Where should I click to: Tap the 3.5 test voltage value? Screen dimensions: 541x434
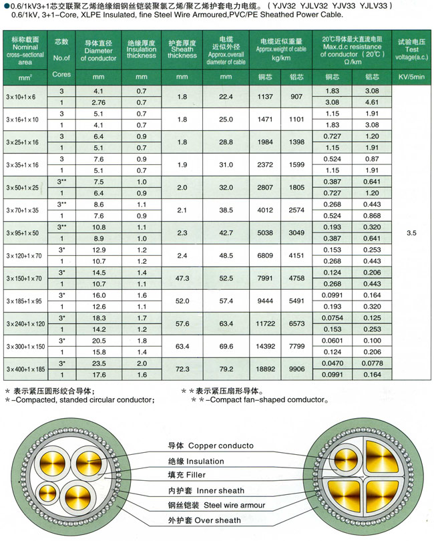411,233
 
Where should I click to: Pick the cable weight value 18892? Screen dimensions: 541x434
265,369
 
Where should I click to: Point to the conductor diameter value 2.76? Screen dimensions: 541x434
99,103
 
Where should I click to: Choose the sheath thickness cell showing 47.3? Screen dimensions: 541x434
182,278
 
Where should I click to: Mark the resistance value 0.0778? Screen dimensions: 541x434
373,363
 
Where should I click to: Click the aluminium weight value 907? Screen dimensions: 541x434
297,97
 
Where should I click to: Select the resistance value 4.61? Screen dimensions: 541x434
373,103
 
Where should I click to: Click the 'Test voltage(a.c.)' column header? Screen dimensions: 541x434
411,49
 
